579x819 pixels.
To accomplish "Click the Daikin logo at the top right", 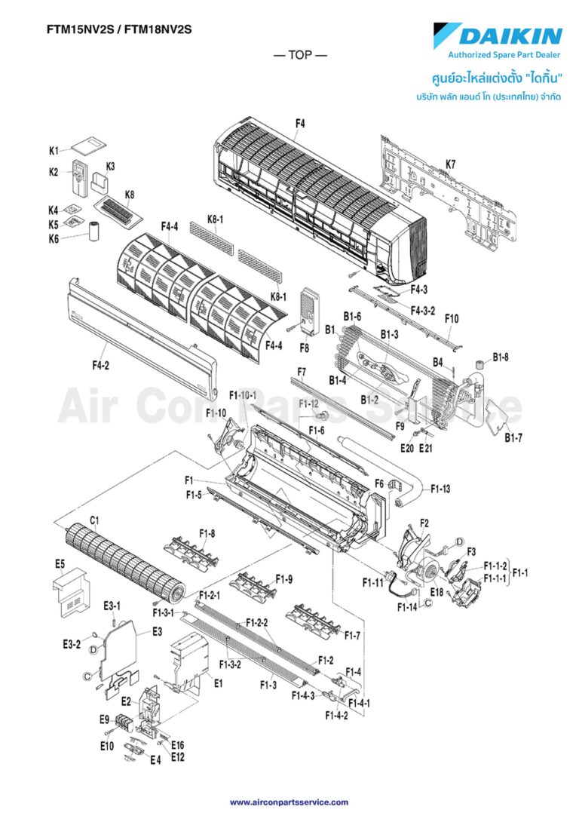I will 498,35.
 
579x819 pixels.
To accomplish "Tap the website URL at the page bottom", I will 289,802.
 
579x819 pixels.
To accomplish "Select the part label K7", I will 450,164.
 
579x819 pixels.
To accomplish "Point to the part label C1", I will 95,519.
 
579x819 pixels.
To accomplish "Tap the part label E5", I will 60,563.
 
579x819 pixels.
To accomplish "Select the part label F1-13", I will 441,489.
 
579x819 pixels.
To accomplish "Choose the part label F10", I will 451,319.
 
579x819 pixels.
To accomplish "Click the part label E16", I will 178,745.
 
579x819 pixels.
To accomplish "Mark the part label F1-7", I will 353,636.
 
